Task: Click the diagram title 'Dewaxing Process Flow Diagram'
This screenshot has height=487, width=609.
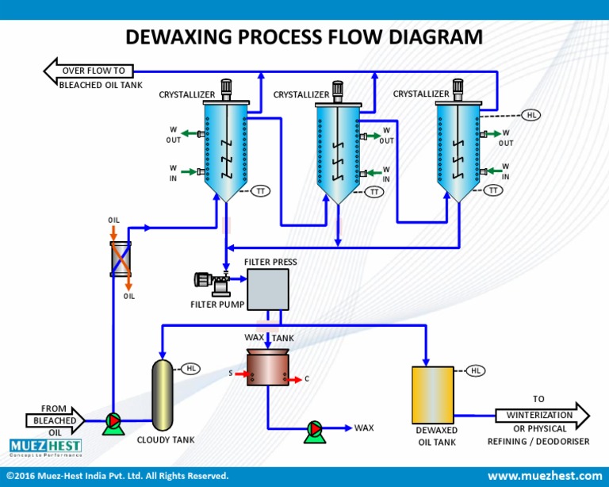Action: coord(304,36)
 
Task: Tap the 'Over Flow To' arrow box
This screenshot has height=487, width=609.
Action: coord(94,71)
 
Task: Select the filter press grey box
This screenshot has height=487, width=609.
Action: coord(267,289)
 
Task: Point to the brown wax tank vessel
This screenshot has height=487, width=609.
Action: coord(267,368)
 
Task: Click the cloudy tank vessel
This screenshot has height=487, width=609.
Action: coord(162,395)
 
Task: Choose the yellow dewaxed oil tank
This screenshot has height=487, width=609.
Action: coord(433,395)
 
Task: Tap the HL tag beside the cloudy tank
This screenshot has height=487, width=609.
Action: coord(191,368)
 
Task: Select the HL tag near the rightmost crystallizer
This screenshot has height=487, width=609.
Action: coord(531,115)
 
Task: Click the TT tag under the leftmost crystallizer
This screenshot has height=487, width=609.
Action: coord(261,190)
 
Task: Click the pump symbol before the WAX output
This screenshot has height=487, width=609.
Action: coord(315,428)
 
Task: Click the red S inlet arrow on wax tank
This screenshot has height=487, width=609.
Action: coord(239,373)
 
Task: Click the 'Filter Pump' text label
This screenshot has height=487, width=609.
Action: coord(216,305)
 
